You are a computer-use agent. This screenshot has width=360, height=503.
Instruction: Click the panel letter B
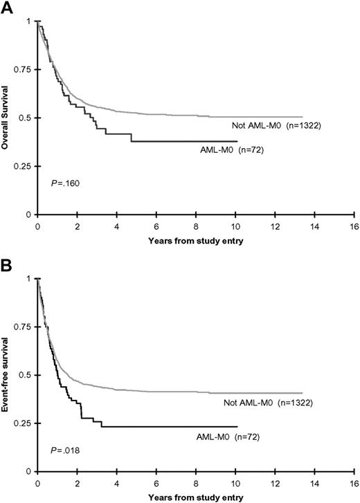pos(8,264)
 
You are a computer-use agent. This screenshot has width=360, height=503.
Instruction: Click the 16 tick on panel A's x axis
pos(354,225)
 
